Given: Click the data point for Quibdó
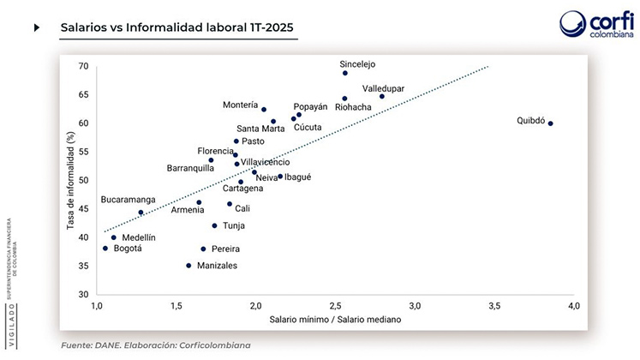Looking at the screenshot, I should [550, 123].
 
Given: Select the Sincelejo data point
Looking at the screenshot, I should [345, 73].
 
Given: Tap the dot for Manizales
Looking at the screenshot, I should [188, 266].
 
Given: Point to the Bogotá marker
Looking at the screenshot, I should [105, 249].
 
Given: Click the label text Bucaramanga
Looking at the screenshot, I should [129, 200].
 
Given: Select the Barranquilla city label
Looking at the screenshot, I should [190, 168].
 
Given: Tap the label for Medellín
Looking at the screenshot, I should [139, 237].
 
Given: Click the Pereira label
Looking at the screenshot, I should [219, 249].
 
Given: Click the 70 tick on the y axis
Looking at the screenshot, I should [83, 66].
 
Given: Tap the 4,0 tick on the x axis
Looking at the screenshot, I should [574, 306].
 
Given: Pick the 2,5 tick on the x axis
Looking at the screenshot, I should [335, 306].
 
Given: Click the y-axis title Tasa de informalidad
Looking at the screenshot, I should [71, 180].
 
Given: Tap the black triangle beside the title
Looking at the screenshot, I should [37, 27].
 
